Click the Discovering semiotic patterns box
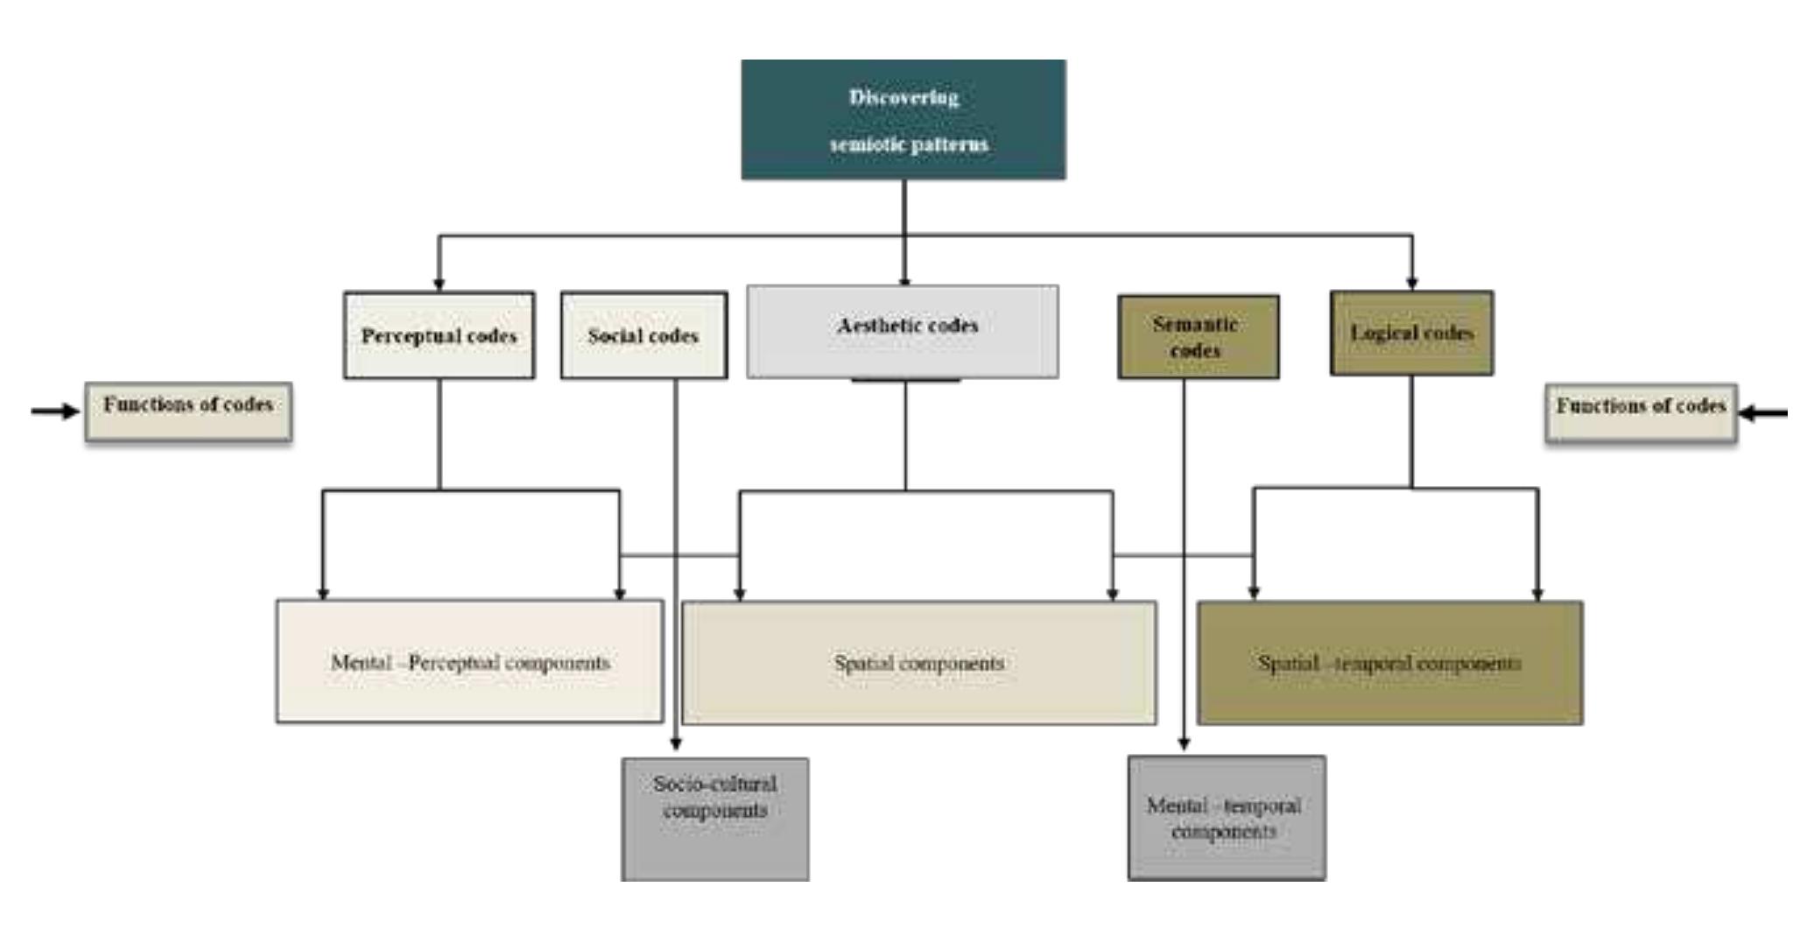pos(903,120)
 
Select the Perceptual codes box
pos(439,335)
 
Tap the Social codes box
pos(643,335)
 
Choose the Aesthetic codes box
pos(903,331)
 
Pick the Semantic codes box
pos(1198,337)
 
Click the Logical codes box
pos(1411,334)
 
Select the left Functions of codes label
pos(188,411)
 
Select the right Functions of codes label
pos(1641,412)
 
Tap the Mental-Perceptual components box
pos(469,662)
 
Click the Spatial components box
pos(919,663)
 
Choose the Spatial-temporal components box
pos(1389,663)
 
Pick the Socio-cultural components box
pos(715,819)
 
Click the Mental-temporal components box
pos(1226,818)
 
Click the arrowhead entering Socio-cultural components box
pos(675,744)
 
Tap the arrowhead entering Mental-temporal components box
pos(1184,743)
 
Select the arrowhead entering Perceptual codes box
pos(439,284)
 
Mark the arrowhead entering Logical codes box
pos(1411,282)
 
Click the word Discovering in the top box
pos(903,97)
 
